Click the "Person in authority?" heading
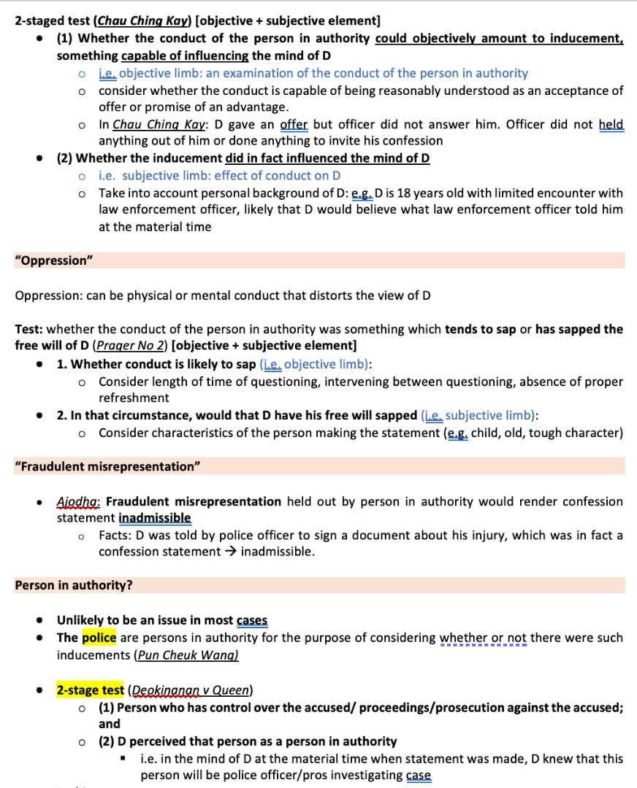[x=73, y=585]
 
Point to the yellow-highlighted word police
[x=99, y=638]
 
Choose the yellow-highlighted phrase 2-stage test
[x=90, y=689]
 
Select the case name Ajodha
[x=79, y=501]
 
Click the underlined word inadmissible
[x=155, y=518]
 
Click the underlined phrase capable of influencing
[x=185, y=55]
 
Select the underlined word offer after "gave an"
[x=294, y=124]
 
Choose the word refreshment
[x=134, y=398]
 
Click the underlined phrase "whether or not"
[x=483, y=638]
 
